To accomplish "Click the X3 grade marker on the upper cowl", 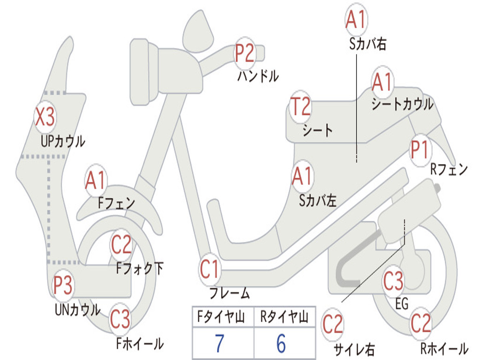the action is (45, 117).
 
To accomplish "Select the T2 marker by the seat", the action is (300, 106).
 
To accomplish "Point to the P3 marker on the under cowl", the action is (63, 285).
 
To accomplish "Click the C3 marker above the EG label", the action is (394, 281).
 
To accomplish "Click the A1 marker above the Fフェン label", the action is (96, 180).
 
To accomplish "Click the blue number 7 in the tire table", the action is (219, 343).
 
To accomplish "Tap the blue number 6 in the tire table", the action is (281, 343).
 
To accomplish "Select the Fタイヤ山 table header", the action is (221, 316).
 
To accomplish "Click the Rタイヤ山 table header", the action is (285, 316).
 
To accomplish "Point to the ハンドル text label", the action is (258, 76).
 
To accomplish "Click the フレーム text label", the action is (230, 293).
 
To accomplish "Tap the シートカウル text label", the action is (403, 104).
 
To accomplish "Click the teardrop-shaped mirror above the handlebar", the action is (198, 31).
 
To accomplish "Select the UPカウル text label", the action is (63, 142).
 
